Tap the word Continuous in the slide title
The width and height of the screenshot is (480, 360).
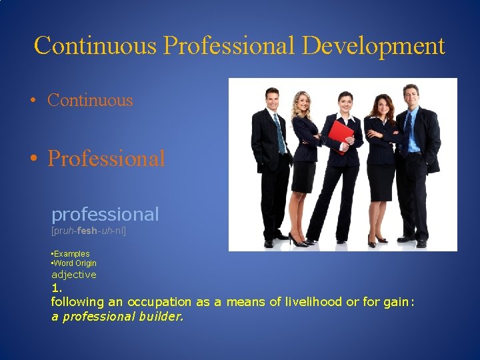tap(95, 46)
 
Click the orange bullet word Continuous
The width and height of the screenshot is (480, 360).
tap(90, 101)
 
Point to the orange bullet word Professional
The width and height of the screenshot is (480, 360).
tap(106, 159)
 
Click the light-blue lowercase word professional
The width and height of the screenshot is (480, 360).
tap(105, 215)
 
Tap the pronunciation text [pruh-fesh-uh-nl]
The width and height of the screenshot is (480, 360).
tap(89, 231)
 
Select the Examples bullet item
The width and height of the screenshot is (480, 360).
tap(71, 254)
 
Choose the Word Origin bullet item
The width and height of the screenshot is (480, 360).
tap(75, 263)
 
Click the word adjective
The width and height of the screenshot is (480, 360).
tap(74, 275)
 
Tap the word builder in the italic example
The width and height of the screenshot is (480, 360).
tap(159, 317)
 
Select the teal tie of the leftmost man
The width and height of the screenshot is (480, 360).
tap(279, 132)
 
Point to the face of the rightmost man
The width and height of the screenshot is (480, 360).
tap(411, 97)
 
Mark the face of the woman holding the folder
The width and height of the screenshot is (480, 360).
tap(345, 103)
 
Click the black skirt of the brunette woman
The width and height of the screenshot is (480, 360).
tap(381, 181)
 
